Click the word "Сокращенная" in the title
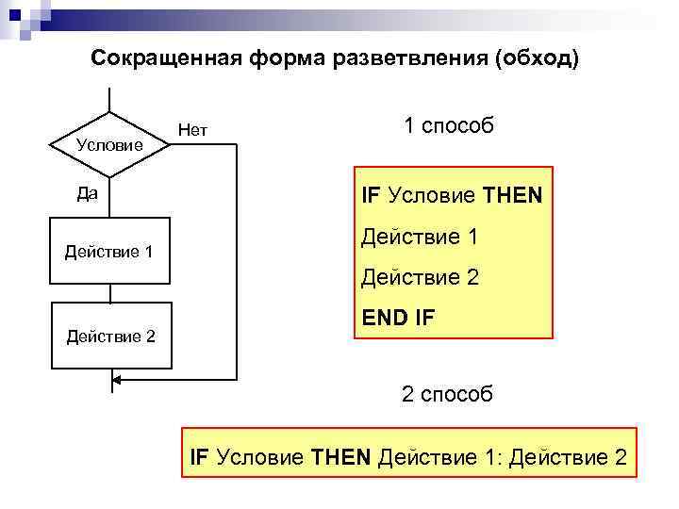(x=167, y=58)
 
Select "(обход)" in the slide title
(x=536, y=58)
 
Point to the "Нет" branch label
(x=192, y=130)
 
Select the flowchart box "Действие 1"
(x=109, y=252)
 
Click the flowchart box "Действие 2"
(x=110, y=335)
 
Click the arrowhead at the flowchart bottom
(x=117, y=382)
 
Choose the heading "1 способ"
(x=448, y=126)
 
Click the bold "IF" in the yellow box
(x=371, y=197)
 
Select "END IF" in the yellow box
(x=398, y=320)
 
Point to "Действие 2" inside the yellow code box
(x=421, y=279)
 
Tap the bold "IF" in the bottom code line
(x=200, y=458)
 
